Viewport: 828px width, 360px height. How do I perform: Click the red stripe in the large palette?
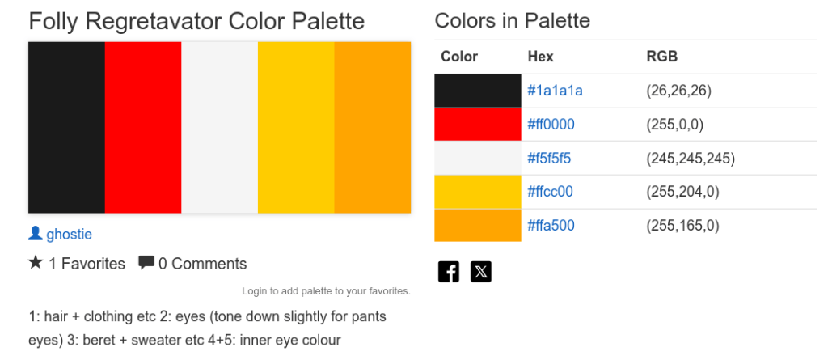[143, 127]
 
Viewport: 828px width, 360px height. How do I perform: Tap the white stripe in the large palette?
[219, 127]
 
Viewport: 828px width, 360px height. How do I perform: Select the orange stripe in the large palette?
[373, 127]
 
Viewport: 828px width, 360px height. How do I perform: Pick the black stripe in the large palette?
[66, 127]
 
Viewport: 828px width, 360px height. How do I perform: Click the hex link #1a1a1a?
[555, 91]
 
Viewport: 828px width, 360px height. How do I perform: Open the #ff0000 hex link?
[551, 125]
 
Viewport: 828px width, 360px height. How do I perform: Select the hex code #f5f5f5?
[549, 159]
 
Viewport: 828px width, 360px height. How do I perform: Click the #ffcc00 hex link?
[550, 192]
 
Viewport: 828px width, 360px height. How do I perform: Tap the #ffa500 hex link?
[551, 226]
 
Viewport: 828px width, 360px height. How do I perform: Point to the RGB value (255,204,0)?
[682, 192]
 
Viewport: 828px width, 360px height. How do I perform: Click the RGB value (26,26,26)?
[678, 91]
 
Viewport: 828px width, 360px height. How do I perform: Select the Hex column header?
[540, 57]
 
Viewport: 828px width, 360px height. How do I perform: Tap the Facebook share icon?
[449, 271]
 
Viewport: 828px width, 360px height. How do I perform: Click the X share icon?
[480, 271]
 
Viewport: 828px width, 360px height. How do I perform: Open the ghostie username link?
[69, 235]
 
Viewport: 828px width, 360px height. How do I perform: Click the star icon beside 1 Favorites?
[36, 263]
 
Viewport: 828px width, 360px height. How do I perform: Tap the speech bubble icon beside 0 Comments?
[146, 263]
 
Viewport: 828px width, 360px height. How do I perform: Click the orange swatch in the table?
[477, 226]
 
